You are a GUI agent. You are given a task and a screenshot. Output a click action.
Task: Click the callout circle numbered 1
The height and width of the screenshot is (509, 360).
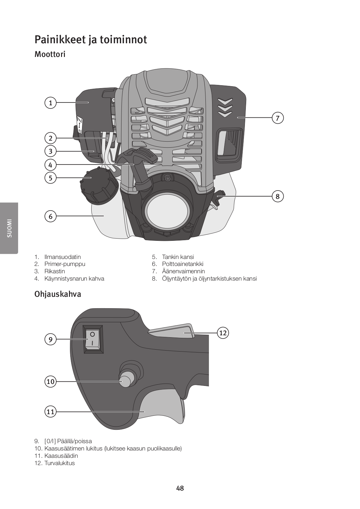point(50,103)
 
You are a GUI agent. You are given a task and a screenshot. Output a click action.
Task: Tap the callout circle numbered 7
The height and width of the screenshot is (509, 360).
point(278,118)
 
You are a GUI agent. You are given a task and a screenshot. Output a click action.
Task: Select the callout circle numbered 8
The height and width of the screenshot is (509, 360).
point(278,196)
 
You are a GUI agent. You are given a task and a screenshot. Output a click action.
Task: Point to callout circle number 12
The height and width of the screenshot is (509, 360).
point(223,333)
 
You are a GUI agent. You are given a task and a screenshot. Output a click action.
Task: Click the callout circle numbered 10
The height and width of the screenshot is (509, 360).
point(50,381)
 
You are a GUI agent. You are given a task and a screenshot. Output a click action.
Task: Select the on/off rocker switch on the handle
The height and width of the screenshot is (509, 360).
point(93,339)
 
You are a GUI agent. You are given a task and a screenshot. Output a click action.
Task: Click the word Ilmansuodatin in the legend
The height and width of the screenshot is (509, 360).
point(62,257)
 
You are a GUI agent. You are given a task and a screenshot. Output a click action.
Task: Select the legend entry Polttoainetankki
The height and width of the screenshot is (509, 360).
point(183,264)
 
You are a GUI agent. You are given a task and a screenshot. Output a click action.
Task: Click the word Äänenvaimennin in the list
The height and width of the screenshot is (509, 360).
point(183,271)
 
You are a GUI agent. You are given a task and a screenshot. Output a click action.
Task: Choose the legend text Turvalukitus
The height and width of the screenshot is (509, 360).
point(59,463)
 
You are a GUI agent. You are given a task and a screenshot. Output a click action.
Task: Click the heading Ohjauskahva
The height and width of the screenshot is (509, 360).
point(58,294)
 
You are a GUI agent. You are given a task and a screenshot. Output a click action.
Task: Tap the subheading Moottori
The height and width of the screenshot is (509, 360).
point(50,54)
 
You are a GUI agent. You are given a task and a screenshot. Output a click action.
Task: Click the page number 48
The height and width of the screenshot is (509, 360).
point(180,488)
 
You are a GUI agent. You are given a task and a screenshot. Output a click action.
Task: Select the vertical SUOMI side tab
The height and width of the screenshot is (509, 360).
point(9,228)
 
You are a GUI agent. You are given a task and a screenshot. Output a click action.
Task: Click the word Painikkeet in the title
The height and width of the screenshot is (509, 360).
point(60,40)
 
